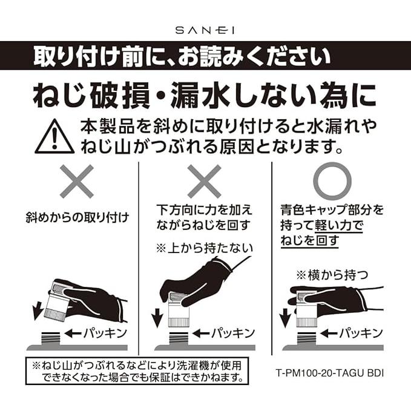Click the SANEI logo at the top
click(205, 28)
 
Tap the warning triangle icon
click(54, 137)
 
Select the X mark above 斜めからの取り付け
click(77, 181)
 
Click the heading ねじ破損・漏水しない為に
click(205, 94)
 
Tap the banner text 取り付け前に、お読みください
click(182, 58)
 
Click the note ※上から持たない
click(204, 248)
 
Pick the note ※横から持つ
click(331, 273)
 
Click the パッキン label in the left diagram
click(97, 334)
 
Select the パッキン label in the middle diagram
click(228, 334)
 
